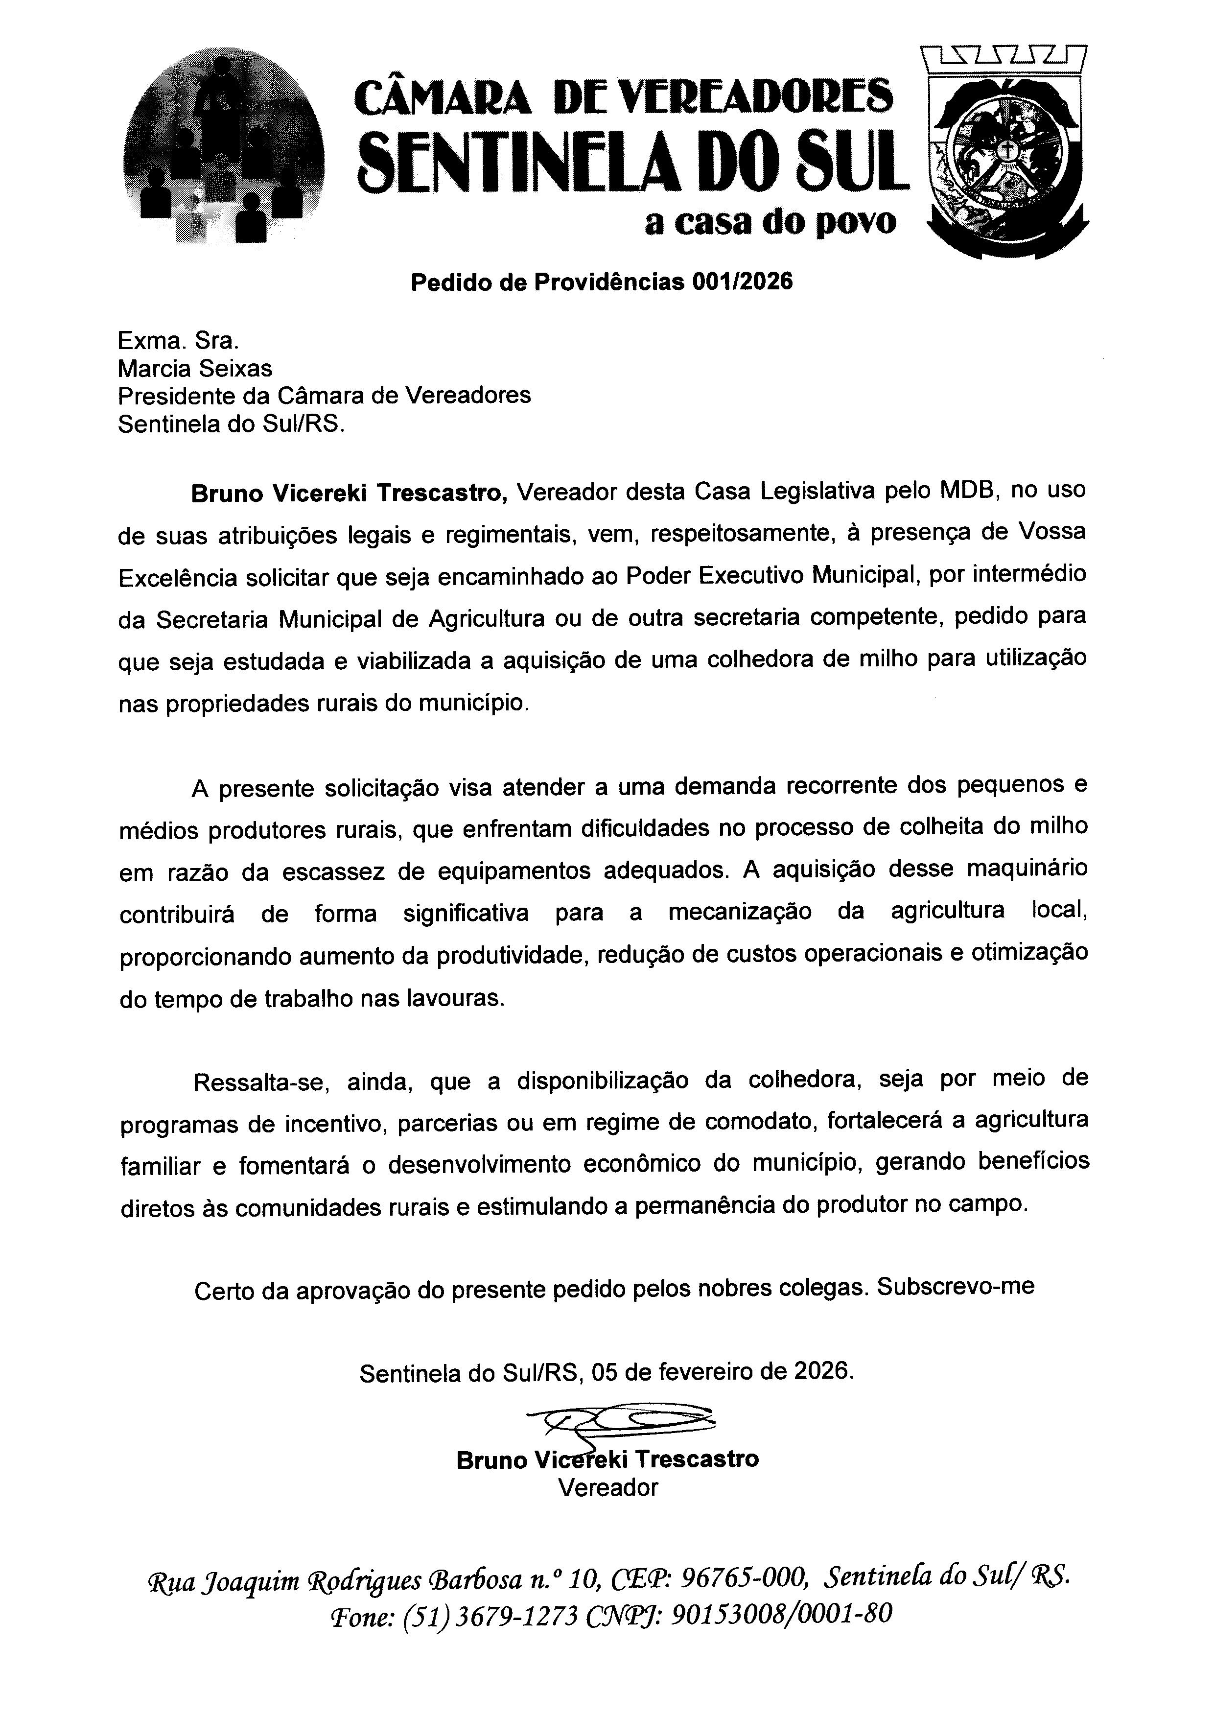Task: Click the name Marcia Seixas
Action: [195, 368]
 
